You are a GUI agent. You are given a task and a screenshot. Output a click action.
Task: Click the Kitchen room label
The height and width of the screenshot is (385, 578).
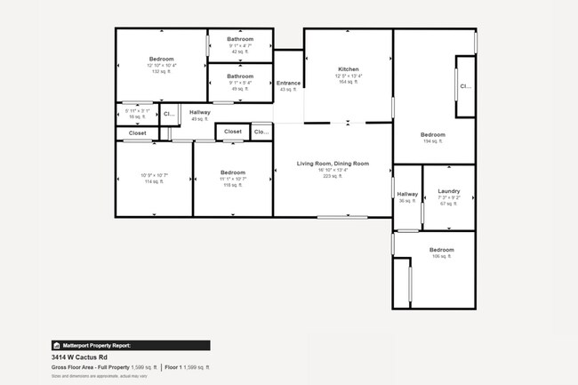tap(348, 69)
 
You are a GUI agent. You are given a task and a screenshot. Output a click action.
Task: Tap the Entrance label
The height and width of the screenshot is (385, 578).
tap(289, 83)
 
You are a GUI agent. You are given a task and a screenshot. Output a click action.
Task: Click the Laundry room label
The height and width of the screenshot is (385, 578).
tap(449, 191)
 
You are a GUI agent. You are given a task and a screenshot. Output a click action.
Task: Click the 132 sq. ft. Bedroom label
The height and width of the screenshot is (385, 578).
tap(162, 59)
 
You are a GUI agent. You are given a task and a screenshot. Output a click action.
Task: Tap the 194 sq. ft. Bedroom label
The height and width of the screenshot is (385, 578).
tap(433, 135)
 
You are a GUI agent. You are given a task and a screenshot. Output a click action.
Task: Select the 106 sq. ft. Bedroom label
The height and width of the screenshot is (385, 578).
tap(442, 250)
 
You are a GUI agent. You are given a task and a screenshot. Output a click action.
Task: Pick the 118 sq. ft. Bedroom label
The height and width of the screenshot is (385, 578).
tap(233, 172)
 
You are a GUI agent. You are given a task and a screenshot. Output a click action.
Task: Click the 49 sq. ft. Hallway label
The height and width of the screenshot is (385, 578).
tap(200, 112)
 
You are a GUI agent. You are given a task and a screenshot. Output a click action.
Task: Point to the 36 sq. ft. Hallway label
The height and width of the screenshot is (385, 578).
tap(407, 194)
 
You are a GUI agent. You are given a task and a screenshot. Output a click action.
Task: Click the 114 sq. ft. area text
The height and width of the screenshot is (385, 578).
tap(152, 181)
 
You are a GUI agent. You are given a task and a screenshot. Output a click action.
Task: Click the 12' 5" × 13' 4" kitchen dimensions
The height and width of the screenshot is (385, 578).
tap(348, 76)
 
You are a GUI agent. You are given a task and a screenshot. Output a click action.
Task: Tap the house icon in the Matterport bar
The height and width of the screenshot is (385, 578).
tap(55, 345)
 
